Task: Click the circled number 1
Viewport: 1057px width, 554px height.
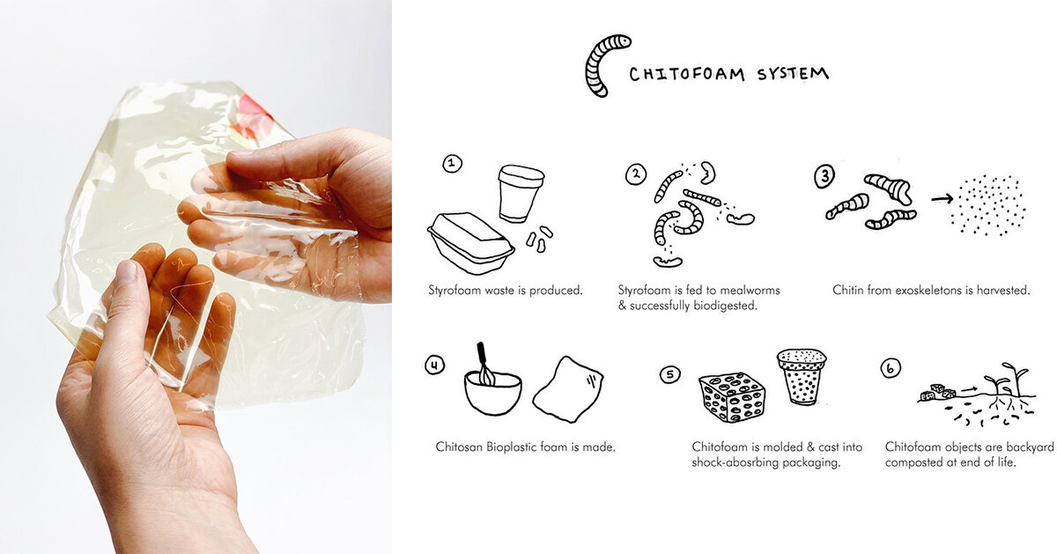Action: (x=452, y=163)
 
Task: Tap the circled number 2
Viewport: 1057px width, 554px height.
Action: (x=636, y=174)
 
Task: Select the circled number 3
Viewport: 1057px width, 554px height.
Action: (x=824, y=176)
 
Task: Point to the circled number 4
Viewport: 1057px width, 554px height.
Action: (x=434, y=365)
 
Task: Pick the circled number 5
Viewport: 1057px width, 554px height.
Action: (x=670, y=374)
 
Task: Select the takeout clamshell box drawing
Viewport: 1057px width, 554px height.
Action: (x=471, y=242)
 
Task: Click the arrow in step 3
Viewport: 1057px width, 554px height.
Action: (x=941, y=199)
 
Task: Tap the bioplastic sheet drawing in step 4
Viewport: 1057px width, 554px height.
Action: (x=568, y=388)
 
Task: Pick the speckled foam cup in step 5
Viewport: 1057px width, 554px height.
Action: (x=801, y=375)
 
